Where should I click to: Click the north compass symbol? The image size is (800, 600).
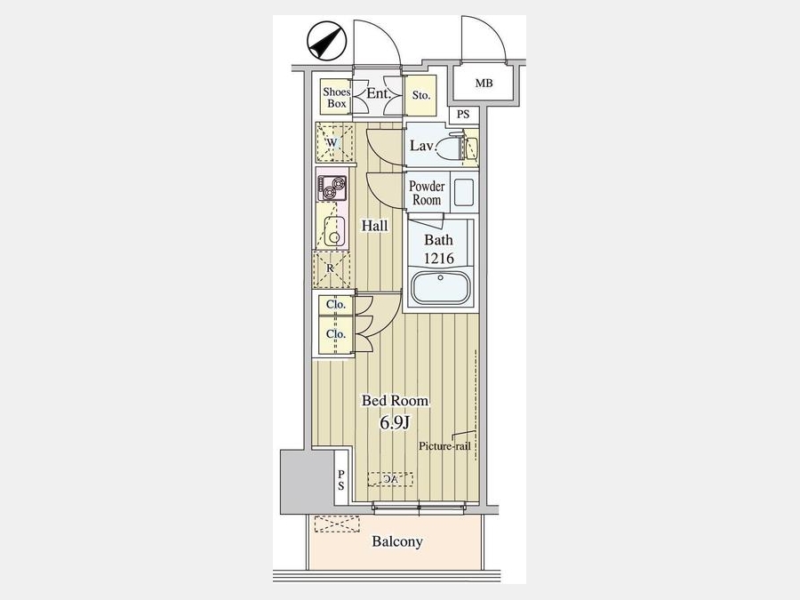(326, 41)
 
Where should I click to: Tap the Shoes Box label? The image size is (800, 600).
(337, 98)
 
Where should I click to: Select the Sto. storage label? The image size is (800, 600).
(421, 95)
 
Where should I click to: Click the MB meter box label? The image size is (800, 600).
(484, 83)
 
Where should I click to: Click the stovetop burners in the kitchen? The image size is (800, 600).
(332, 188)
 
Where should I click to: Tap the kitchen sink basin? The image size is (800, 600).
(334, 231)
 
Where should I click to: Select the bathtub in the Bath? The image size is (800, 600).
(440, 287)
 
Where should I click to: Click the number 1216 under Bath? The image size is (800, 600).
(439, 258)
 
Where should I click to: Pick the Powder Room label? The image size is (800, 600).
(427, 193)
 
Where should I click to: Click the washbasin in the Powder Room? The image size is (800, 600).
(463, 192)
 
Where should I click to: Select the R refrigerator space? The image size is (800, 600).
(332, 268)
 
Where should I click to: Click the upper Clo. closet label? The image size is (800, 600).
(336, 305)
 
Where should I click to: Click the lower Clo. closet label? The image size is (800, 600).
(336, 334)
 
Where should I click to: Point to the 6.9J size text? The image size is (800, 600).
(395, 422)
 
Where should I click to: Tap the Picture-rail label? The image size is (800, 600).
(444, 446)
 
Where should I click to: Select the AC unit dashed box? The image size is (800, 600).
(390, 479)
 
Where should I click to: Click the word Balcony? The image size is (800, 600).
(397, 541)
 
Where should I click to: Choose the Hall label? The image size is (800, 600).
(375, 226)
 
